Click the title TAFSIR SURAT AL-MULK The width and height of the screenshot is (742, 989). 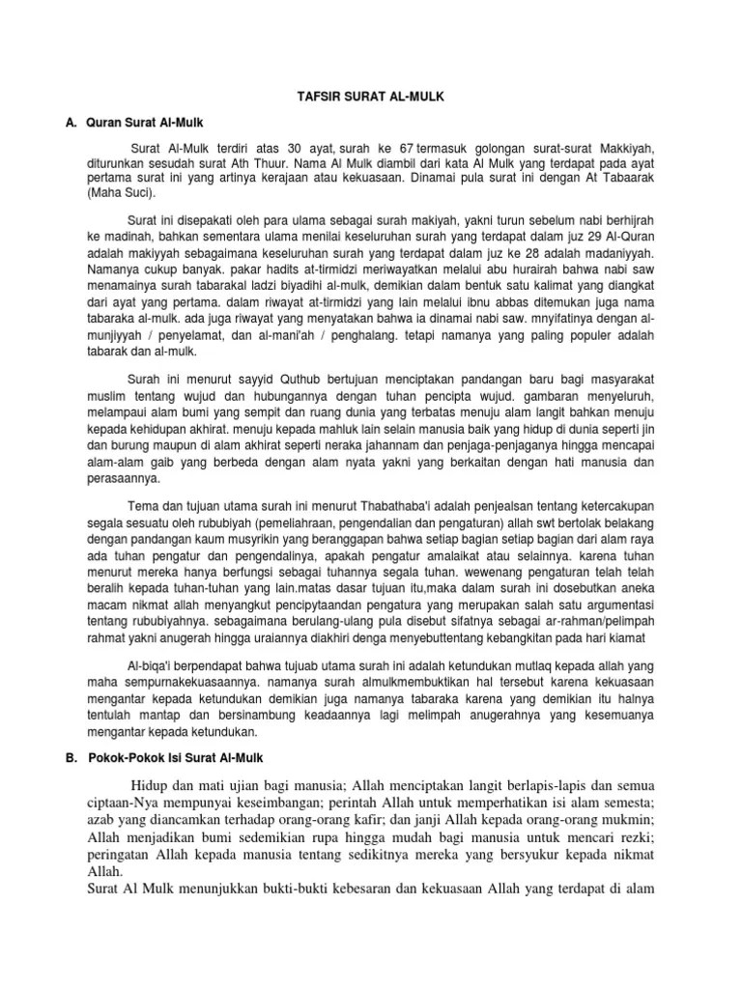click(x=371, y=97)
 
